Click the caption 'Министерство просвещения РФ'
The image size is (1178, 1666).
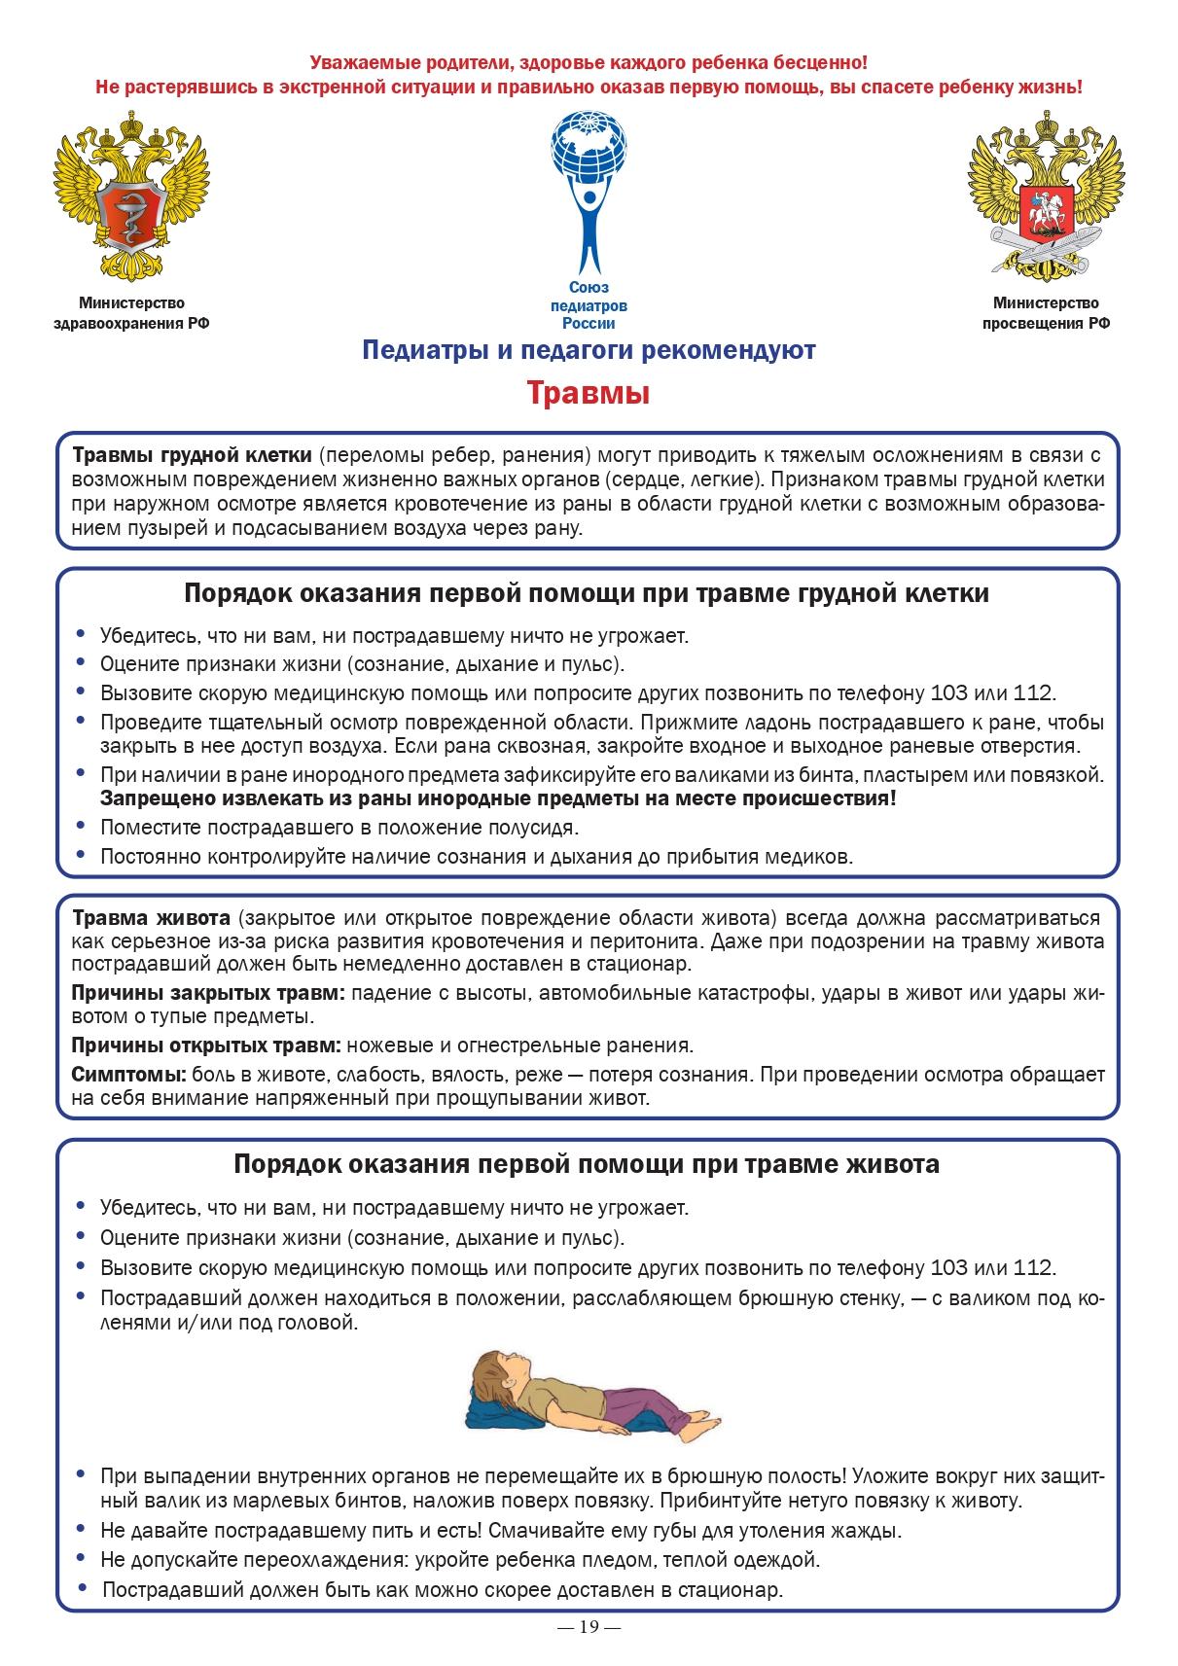point(1046,314)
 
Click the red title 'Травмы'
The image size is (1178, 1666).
point(589,394)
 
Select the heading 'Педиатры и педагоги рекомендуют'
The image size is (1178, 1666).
point(589,350)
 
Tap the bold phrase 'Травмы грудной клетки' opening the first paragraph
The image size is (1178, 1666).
point(193,455)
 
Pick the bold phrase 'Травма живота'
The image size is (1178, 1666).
point(151,918)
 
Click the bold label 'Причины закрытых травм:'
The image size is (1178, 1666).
point(209,993)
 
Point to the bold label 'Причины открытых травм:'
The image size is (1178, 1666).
point(206,1046)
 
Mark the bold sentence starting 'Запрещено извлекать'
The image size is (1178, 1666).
point(498,798)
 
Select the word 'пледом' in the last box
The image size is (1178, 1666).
point(611,1560)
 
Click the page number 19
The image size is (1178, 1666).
point(589,1627)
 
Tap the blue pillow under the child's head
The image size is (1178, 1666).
point(486,1407)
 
